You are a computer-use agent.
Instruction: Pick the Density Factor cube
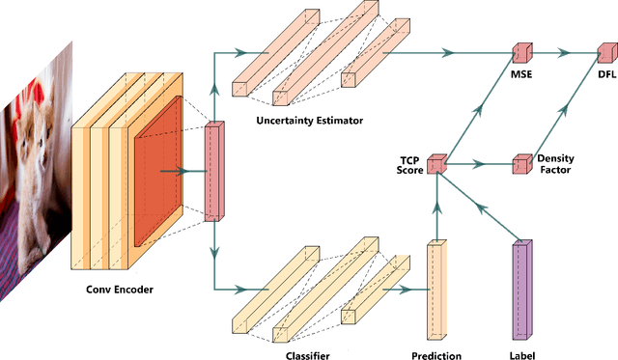pyautogui.click(x=522, y=164)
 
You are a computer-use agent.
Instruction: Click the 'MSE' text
pyautogui.click(x=522, y=74)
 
